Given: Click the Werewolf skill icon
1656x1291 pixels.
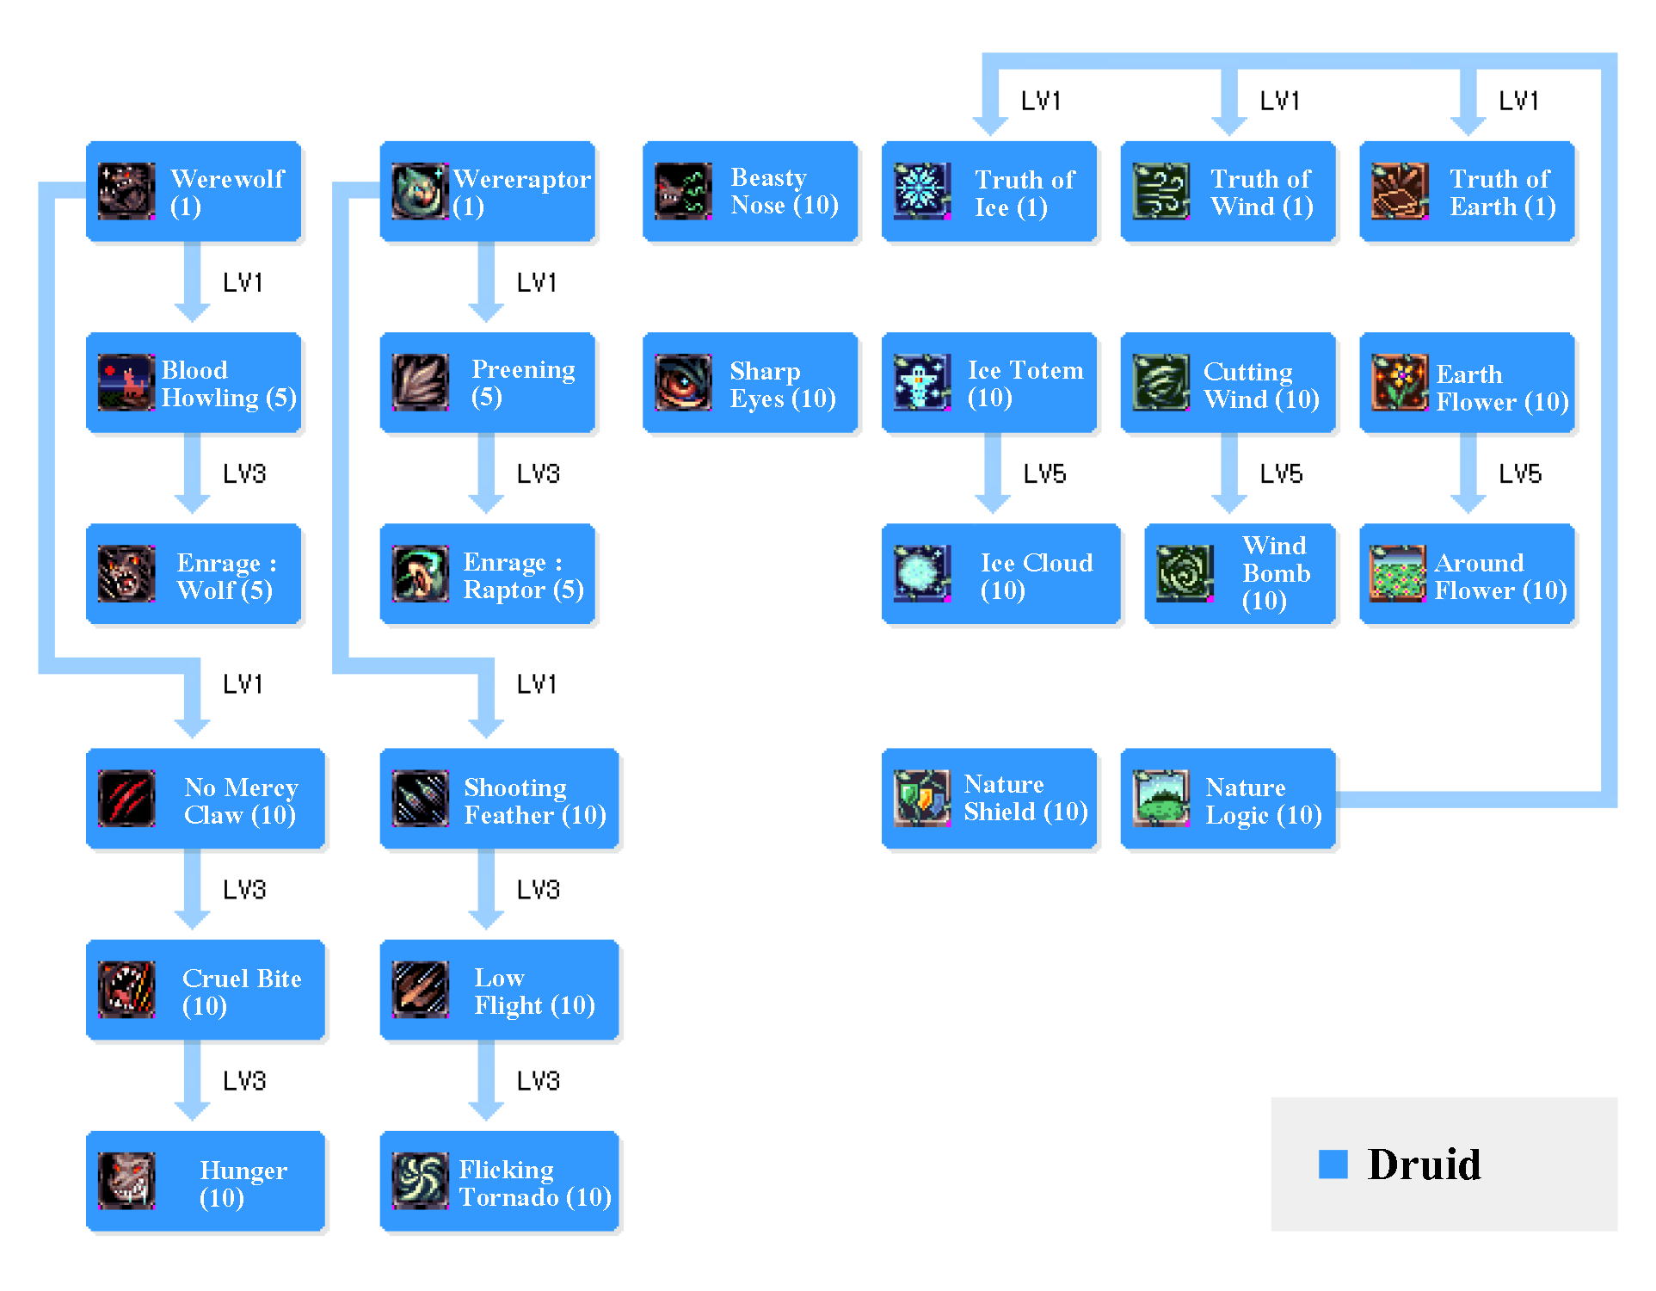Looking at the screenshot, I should tap(126, 191).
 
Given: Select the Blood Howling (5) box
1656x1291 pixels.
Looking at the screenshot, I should tap(194, 383).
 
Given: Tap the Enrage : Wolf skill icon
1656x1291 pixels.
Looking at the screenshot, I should tap(126, 573).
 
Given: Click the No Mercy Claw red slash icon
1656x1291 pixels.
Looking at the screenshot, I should tap(126, 799).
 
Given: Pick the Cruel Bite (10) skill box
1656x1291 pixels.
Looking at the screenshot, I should tap(205, 990).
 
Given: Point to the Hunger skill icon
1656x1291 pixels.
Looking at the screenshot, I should tap(126, 1181).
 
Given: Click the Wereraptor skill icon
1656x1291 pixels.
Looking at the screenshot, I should tap(420, 191).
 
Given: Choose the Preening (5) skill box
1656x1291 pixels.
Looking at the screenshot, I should tap(487, 383).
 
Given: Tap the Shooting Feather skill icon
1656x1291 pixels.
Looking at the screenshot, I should tap(420, 799).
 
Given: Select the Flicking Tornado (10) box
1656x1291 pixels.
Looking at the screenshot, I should tap(499, 1181).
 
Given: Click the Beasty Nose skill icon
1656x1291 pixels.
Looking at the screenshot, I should tap(683, 191).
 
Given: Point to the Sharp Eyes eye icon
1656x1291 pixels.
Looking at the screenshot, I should tap(683, 383).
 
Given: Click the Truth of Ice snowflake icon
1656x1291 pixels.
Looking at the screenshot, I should tap(922, 191).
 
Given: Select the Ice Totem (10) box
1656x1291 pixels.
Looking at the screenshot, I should tap(988, 383).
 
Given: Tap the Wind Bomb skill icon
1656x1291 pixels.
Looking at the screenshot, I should tap(1185, 573).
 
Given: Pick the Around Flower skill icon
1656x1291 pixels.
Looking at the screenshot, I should tap(1398, 573).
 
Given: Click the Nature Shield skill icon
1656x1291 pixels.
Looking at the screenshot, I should tap(922, 799).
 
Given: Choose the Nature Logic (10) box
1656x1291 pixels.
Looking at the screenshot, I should tap(1228, 799).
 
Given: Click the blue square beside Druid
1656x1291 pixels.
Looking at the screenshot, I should tap(1333, 1164).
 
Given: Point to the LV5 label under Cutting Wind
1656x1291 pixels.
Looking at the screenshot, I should tap(1281, 474).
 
